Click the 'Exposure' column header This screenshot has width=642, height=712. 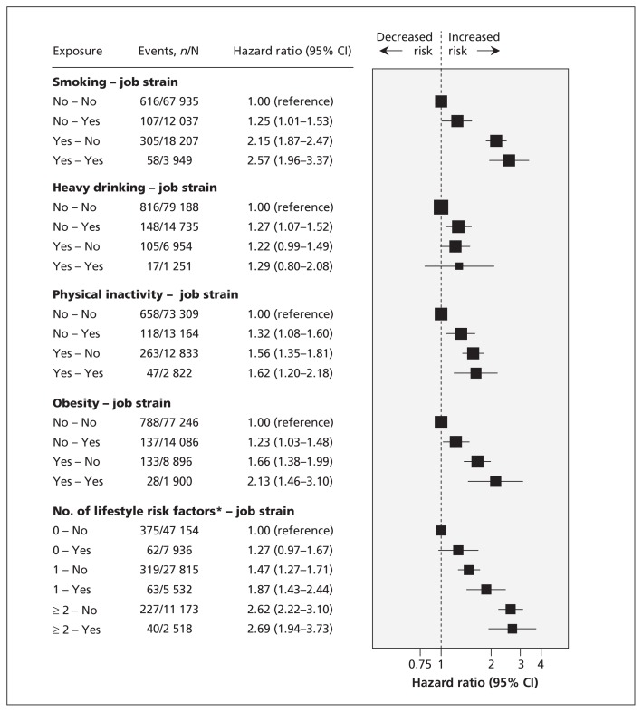coord(77,51)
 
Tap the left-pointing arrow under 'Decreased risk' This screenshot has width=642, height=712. coord(391,52)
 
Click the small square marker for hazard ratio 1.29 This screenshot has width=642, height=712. coord(459,266)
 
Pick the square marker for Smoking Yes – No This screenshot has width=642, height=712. coord(496,140)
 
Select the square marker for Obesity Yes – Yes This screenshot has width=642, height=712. coord(495,481)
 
